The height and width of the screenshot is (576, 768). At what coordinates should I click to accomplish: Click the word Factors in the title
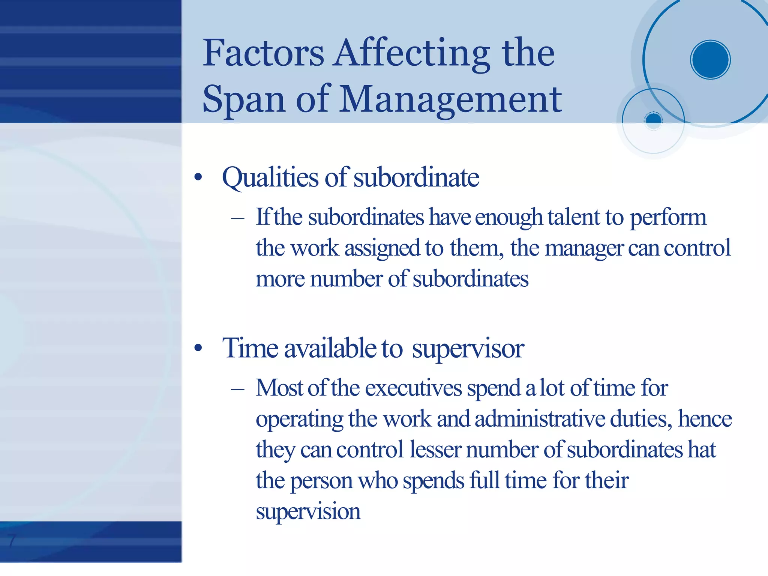[263, 53]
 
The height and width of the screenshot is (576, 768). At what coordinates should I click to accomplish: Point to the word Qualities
[270, 177]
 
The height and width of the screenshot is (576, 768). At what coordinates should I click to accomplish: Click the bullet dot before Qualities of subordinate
[198, 177]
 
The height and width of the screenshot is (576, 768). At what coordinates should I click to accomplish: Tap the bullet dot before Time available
[198, 349]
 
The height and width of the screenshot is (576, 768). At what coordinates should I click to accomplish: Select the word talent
[574, 217]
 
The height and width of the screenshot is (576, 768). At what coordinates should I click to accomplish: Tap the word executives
[414, 388]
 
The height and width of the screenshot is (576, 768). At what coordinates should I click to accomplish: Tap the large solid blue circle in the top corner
[710, 60]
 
